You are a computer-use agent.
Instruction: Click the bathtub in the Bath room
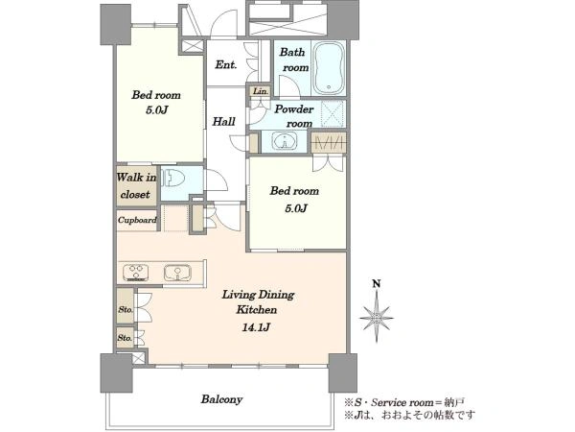(330, 68)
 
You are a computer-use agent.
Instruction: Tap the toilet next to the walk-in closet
(174, 180)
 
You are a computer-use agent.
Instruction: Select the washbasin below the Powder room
(285, 141)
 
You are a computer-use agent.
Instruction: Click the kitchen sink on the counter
(177, 273)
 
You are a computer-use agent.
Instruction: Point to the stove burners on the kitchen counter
(136, 273)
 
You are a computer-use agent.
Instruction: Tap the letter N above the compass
(377, 283)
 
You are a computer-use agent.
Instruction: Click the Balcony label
(221, 399)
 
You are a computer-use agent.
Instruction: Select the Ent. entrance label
(225, 65)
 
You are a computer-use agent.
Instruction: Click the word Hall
(223, 121)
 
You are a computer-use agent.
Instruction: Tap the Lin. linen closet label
(261, 91)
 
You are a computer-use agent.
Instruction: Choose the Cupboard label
(137, 220)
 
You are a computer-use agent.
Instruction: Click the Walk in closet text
(136, 185)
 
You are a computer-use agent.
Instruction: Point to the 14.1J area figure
(256, 327)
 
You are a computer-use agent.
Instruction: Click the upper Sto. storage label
(126, 309)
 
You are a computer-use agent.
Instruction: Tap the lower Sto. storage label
(125, 337)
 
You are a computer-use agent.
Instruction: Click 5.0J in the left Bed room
(156, 109)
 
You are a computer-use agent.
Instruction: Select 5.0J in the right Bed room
(295, 208)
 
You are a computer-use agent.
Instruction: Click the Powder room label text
(294, 116)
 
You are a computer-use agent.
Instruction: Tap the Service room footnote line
(404, 402)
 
